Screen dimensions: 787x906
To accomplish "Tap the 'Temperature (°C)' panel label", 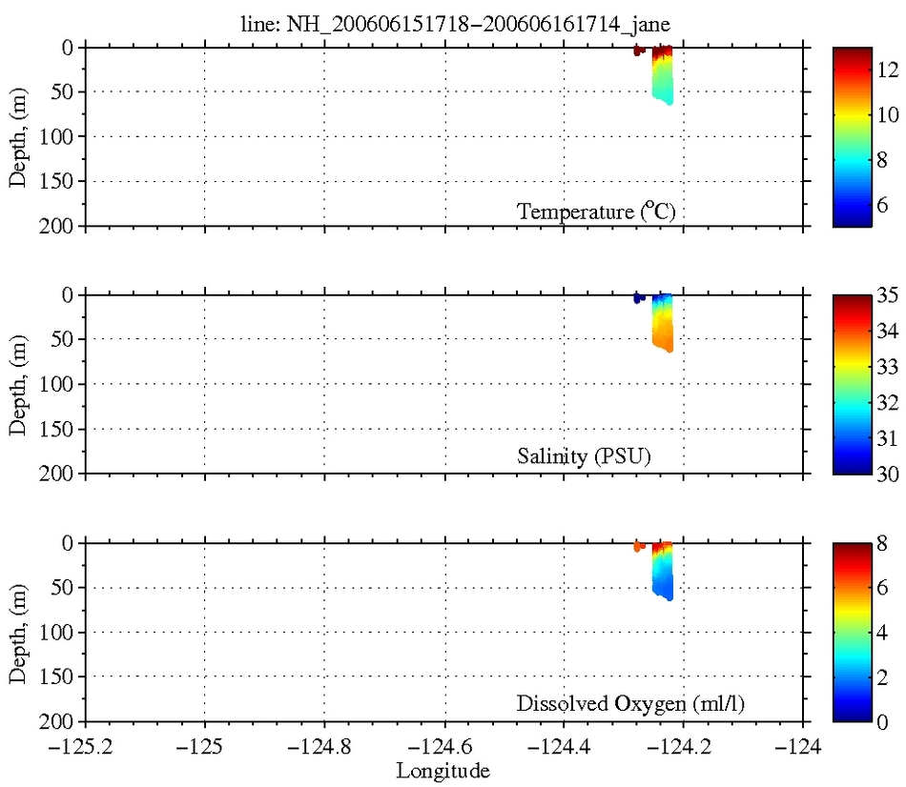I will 596,212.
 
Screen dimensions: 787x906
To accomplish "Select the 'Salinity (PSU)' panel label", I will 587,457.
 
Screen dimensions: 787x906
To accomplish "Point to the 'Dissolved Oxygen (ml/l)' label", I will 630,705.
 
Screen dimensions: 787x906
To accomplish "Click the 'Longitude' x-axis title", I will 444,769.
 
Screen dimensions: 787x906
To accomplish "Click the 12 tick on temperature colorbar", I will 887,70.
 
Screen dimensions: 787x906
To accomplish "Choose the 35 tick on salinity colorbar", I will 887,295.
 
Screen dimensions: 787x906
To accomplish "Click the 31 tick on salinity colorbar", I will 887,438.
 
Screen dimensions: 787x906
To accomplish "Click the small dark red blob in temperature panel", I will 638,50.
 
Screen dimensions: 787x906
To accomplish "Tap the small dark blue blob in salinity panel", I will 638,298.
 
